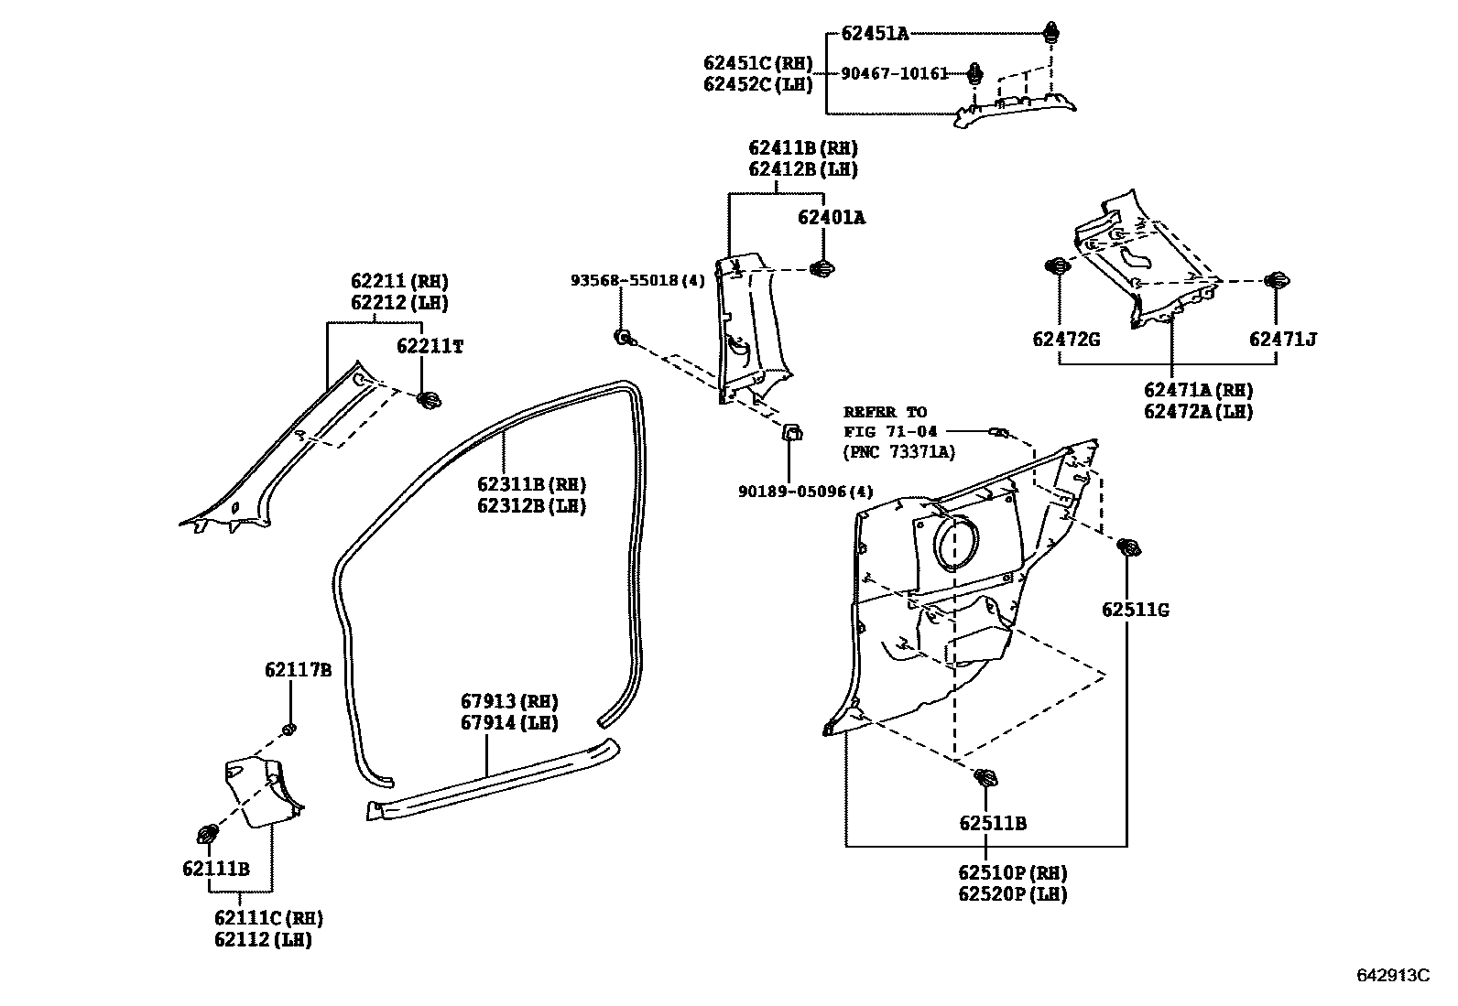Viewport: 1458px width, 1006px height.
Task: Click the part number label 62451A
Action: point(875,34)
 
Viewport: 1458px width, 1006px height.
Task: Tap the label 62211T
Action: point(430,346)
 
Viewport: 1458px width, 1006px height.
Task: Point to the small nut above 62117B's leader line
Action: point(288,729)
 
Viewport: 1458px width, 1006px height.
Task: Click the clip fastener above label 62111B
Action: point(208,834)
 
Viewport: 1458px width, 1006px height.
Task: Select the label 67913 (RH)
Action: point(509,702)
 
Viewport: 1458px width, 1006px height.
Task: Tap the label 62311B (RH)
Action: point(531,485)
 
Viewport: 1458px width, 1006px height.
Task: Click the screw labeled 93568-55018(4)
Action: point(622,338)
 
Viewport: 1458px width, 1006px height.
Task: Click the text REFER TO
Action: point(885,412)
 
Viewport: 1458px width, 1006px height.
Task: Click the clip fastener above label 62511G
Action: point(1128,548)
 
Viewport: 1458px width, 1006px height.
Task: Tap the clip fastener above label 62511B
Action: point(986,779)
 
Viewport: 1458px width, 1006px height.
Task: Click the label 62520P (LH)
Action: point(1012,894)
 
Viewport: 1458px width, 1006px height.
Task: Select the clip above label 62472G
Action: point(1058,266)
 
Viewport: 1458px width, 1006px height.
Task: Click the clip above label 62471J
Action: point(1275,281)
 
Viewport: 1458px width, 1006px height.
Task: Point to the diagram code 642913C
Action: point(1392,976)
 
